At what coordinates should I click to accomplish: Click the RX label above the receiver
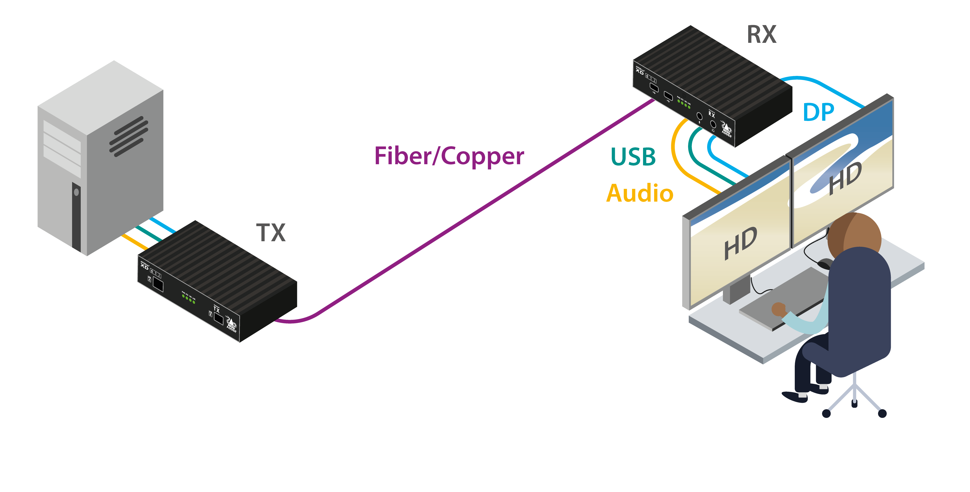pos(761,35)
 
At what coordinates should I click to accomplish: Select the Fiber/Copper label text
pos(449,156)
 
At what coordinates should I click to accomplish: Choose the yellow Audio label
pos(639,193)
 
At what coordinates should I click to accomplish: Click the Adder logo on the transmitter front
pos(231,325)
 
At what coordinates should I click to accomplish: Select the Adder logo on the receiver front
pos(726,128)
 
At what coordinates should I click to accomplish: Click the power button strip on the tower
pos(77,217)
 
